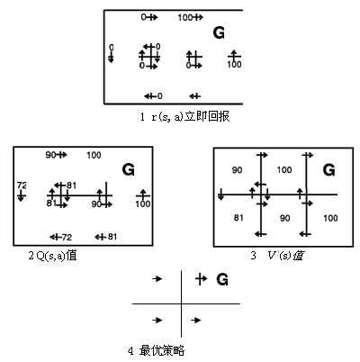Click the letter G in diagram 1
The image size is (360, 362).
point(219,32)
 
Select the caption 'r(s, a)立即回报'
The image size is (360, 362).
point(191,116)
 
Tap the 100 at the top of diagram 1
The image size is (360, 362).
point(185,18)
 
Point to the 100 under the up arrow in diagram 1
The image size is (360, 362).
point(234,64)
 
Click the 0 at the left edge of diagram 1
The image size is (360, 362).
point(112,48)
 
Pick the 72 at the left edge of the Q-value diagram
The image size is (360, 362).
point(22,186)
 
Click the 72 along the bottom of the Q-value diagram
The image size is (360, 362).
point(67,238)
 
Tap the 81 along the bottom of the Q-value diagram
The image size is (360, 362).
point(112,237)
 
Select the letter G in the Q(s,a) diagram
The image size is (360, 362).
point(129,170)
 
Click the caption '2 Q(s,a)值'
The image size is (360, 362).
point(53,256)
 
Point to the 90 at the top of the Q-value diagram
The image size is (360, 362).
point(50,155)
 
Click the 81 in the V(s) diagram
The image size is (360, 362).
point(238,218)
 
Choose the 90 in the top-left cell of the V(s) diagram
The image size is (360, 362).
point(237,170)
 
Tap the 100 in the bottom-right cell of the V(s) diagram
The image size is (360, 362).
point(330,218)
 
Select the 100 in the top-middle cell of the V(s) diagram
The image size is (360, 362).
point(284,170)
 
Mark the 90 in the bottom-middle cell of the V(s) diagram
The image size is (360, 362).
point(285,218)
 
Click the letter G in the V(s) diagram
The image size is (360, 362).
point(328,170)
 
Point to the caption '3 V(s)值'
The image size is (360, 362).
point(276,256)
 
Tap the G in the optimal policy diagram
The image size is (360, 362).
point(222,279)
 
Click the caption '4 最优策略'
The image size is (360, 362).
point(156,350)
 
